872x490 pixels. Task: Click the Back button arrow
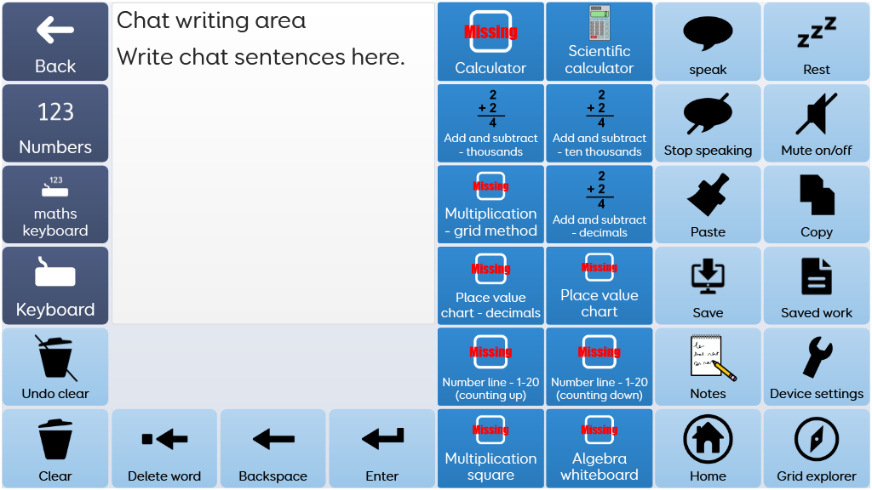click(55, 31)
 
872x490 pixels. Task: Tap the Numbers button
click(55, 123)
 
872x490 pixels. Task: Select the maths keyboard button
click(55, 204)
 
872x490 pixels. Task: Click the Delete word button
click(164, 449)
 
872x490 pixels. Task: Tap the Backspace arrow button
click(273, 440)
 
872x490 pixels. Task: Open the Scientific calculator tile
click(599, 42)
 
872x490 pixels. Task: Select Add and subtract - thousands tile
click(490, 123)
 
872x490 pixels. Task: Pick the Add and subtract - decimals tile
click(599, 205)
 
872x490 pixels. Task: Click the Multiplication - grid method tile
click(490, 205)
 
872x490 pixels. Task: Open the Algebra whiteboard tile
click(599, 449)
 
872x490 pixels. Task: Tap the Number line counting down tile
click(599, 367)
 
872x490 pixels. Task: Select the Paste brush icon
click(708, 195)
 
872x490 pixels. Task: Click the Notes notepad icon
click(711, 357)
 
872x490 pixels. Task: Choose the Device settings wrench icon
click(817, 357)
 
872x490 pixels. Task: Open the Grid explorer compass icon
click(817, 439)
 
